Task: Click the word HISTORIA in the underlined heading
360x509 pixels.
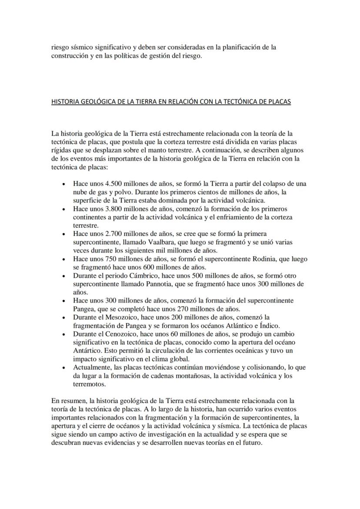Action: [x=65, y=102]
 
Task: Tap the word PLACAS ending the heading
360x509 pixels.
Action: [x=280, y=102]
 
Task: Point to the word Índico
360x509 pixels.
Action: [x=270, y=326]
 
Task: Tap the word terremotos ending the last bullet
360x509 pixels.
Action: [x=90, y=384]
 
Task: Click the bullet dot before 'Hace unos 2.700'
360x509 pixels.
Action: [x=64, y=233]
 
